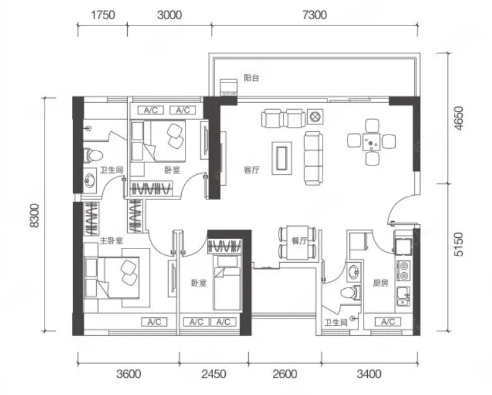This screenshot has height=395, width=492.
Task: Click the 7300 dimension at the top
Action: coord(315,15)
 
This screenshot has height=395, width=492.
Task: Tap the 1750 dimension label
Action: coord(103,15)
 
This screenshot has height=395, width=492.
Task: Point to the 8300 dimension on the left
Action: coord(34,215)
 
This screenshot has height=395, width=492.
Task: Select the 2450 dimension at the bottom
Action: coord(214,374)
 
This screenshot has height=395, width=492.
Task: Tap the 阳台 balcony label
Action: coord(252,78)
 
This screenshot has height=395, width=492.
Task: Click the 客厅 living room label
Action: coord(252,170)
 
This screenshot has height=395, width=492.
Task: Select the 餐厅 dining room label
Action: coord(299,241)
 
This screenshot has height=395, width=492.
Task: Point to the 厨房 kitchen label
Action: coord(381,283)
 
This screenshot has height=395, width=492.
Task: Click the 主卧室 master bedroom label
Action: coord(111,241)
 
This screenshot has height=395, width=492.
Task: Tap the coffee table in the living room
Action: coord(282,158)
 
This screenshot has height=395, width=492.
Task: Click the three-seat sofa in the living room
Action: coord(313,159)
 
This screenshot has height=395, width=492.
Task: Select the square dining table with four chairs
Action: coord(371,142)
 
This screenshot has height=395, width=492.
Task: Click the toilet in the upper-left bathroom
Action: coord(93,155)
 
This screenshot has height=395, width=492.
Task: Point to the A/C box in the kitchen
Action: coord(388,321)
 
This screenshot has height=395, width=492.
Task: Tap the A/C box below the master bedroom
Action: coord(154,321)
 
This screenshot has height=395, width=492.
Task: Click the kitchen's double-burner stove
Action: coord(404,271)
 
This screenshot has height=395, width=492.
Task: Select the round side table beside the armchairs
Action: coord(314,117)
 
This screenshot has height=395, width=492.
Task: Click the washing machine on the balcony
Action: coord(228,87)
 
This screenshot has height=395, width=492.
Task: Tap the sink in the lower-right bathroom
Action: coord(355,271)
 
